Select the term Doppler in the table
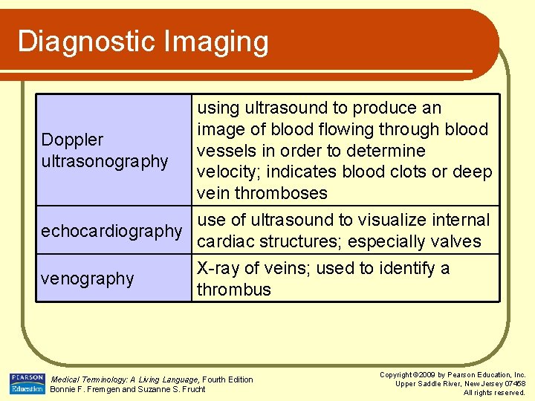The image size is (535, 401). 72,140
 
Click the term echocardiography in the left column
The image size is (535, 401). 111,231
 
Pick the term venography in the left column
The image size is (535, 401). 88,278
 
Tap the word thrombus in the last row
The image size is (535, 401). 234,290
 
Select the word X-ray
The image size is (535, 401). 219,268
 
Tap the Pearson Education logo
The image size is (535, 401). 27,384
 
